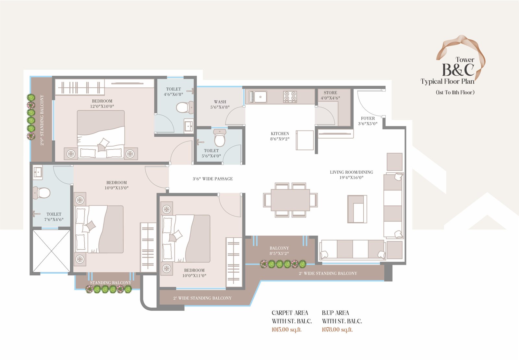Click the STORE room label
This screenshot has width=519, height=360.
(330, 93)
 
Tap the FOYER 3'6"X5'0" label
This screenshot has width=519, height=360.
(368, 121)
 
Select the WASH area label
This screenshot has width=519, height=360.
(220, 102)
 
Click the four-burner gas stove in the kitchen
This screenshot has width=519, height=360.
(290, 97)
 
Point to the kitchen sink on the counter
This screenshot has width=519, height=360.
(258, 97)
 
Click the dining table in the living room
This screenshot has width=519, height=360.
(290, 200)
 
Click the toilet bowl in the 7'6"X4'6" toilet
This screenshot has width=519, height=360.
(42, 192)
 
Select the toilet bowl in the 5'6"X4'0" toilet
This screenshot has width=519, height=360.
(219, 138)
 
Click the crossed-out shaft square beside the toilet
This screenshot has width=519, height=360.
(51, 251)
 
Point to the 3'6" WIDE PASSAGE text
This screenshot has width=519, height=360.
(213, 179)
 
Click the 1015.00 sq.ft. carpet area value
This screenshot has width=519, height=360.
(287, 329)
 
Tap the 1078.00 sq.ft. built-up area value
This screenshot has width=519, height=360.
(337, 329)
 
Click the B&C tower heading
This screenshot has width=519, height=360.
(458, 70)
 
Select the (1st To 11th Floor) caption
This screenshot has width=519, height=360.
(455, 92)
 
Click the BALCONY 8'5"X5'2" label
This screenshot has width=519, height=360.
(279, 251)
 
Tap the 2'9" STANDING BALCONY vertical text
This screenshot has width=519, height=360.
(42, 120)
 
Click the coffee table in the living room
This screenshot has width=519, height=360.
(357, 209)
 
